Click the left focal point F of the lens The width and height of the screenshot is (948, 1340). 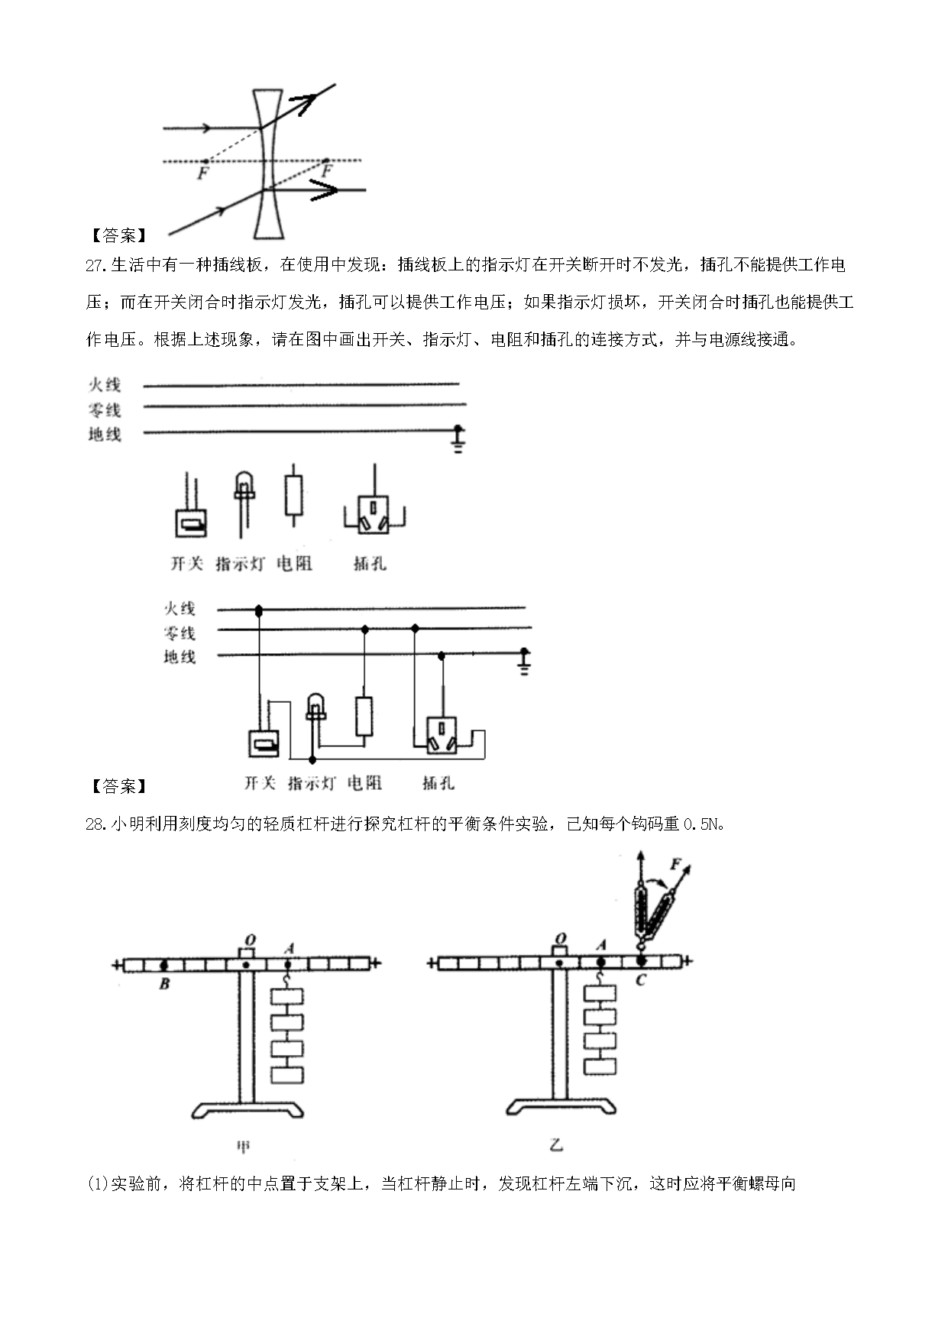point(204,161)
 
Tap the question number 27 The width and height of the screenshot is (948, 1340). point(95,266)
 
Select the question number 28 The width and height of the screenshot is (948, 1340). point(95,824)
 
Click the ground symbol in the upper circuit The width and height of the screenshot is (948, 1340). point(458,440)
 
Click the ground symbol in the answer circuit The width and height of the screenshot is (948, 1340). point(524,662)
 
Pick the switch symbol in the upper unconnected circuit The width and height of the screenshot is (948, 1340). point(191,522)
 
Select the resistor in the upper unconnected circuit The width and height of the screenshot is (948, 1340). point(293,496)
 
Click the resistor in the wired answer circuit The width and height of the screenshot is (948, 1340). point(364,717)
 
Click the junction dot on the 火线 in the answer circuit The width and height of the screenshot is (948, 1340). point(259,610)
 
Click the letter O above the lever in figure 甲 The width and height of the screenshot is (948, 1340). point(248,939)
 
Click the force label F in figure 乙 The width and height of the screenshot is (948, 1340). point(675,864)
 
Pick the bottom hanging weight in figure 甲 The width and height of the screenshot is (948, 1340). point(287,1074)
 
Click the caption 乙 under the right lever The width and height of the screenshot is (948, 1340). point(556,1144)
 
